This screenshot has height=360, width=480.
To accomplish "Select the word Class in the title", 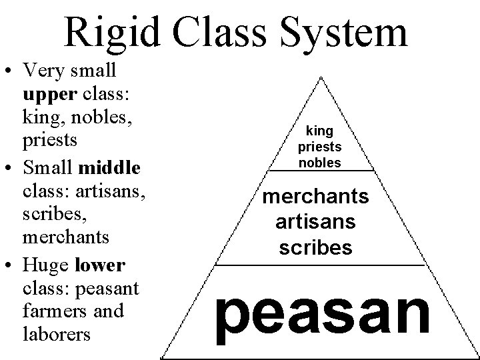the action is (x=221, y=32).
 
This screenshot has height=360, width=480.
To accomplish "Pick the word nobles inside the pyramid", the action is (x=320, y=162).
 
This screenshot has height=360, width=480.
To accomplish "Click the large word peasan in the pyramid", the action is (x=323, y=313).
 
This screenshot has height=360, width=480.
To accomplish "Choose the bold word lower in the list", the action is (x=100, y=266).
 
